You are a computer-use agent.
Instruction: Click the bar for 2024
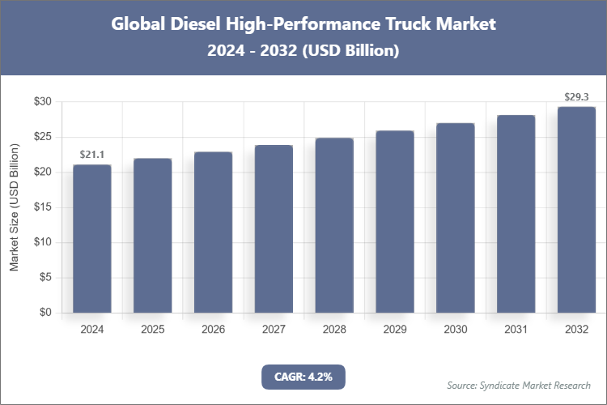pyautogui.click(x=92, y=239)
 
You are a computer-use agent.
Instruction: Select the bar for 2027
pyautogui.click(x=274, y=229)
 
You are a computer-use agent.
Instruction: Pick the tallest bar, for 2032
pyautogui.click(x=576, y=210)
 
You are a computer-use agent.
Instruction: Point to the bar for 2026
pyautogui.click(x=213, y=232)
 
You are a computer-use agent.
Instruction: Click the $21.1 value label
pyautogui.click(x=92, y=155)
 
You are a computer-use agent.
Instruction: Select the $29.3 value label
pyautogui.click(x=576, y=97)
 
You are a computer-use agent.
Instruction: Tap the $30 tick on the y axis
pyautogui.click(x=42, y=102)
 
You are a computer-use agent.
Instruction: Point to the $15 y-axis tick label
pyautogui.click(x=42, y=207)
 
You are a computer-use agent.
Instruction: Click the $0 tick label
pyautogui.click(x=45, y=313)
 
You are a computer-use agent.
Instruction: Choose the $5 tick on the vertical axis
pyautogui.click(x=45, y=278)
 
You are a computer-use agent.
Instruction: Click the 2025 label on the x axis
pyautogui.click(x=152, y=330)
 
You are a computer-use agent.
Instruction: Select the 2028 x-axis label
pyautogui.click(x=334, y=330)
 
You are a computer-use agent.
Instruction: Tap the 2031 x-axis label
pyautogui.click(x=516, y=330)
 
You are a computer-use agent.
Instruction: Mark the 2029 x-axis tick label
pyautogui.click(x=395, y=330)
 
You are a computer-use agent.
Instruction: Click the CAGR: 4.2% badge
pyautogui.click(x=303, y=377)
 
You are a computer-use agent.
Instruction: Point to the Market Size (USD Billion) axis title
pyautogui.click(x=15, y=207)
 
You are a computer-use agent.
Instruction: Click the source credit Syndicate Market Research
pyautogui.click(x=519, y=385)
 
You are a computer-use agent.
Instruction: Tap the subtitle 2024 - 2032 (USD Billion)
pyautogui.click(x=303, y=50)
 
